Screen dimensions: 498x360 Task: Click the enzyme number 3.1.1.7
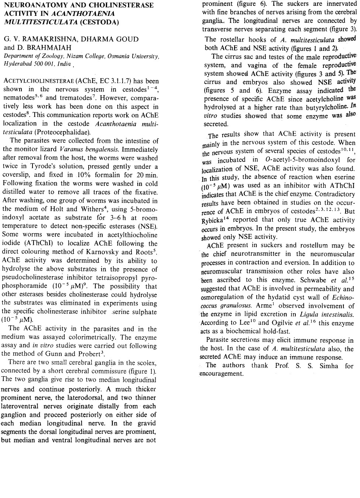pyautogui.click(x=118, y=81)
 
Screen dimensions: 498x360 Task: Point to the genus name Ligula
pyautogui.click(x=309, y=315)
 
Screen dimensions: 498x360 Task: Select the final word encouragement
pyautogui.click(x=221, y=374)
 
